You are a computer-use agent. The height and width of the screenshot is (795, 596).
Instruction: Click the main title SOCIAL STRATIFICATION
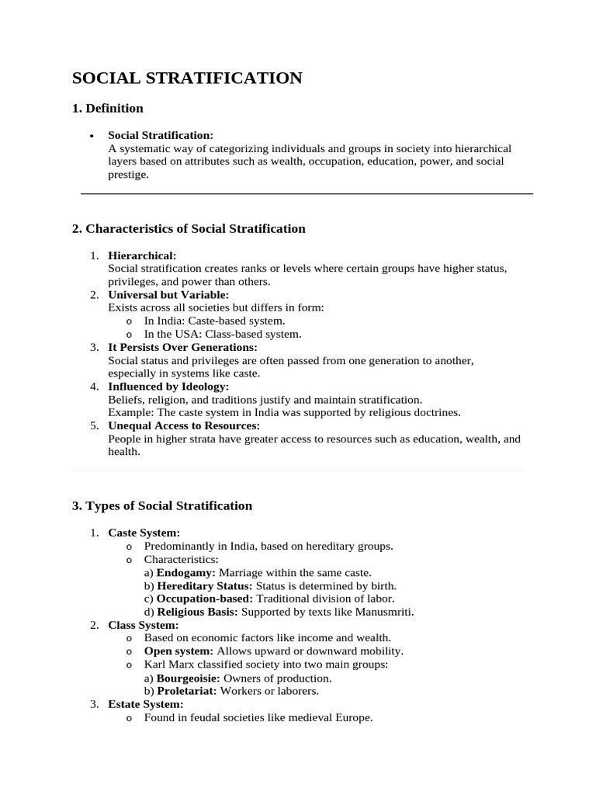[x=187, y=78]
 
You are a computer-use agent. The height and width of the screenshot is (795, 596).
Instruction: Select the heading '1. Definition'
[x=108, y=108]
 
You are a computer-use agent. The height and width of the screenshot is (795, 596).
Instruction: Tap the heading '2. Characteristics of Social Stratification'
[x=189, y=228]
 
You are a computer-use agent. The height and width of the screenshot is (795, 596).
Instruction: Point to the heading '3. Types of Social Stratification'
[x=162, y=505]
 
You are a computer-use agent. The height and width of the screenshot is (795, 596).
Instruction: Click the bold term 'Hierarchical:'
[x=142, y=255]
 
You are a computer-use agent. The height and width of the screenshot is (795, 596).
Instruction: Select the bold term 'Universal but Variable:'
[x=168, y=295]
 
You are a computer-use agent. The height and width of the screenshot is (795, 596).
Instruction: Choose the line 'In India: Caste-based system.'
[x=214, y=321]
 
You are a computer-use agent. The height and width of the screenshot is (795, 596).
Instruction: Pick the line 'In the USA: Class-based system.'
[x=222, y=334]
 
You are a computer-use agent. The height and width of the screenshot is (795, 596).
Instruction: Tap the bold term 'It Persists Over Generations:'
[x=182, y=347]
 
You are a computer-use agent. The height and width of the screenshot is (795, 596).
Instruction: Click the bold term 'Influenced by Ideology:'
[x=168, y=387]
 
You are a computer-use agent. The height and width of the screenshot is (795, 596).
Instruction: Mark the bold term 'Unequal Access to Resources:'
[x=184, y=425]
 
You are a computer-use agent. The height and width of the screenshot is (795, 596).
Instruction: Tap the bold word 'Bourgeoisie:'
[x=186, y=678]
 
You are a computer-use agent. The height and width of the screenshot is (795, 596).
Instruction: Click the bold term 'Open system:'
[x=179, y=651]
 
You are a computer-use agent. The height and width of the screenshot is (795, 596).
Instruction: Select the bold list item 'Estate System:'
[x=146, y=704]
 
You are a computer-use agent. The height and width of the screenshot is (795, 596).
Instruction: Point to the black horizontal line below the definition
[x=307, y=193]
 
